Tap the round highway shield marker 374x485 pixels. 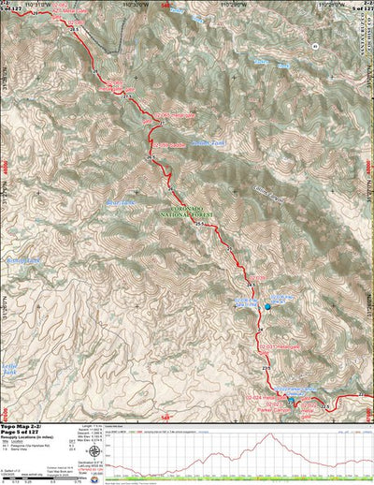pos(316,44)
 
